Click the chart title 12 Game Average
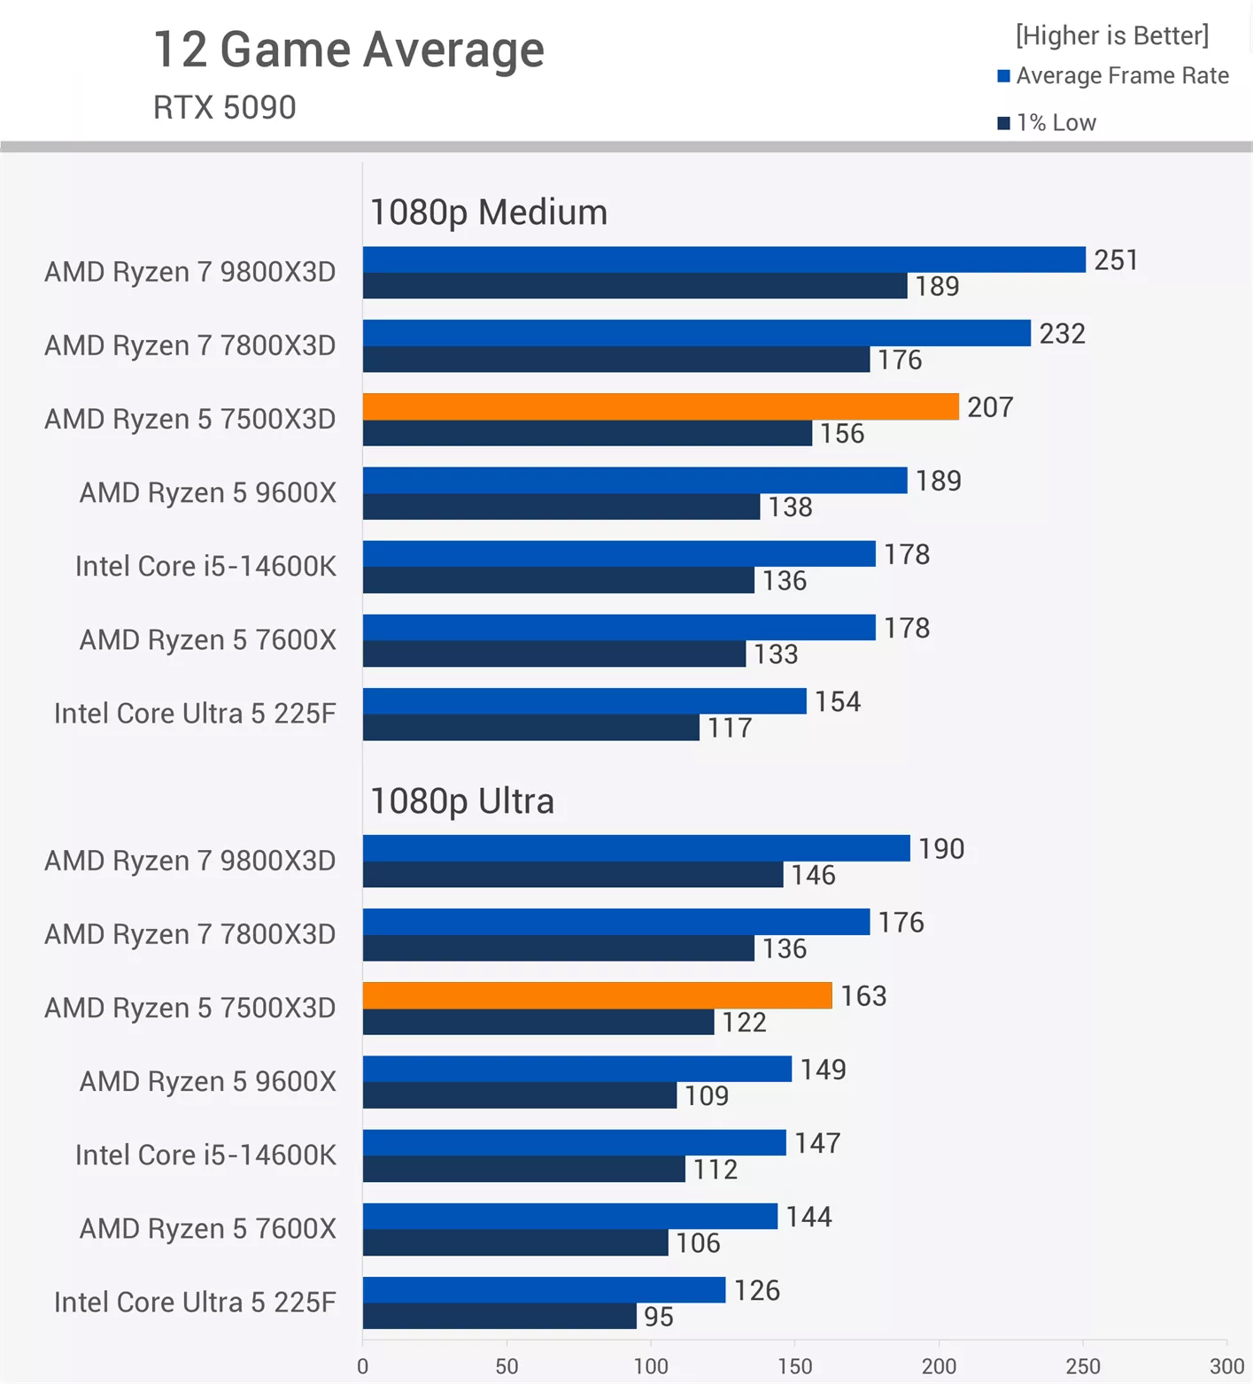click(348, 50)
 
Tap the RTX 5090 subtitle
click(224, 107)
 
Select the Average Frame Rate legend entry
click(1113, 76)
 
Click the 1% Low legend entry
click(1047, 122)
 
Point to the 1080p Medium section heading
click(488, 213)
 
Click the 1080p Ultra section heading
click(461, 801)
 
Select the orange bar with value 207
click(660, 406)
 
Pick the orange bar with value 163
click(597, 995)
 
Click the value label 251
click(1115, 260)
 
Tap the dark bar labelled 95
click(499, 1316)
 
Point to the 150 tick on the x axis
click(794, 1366)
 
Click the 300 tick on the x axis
click(1226, 1366)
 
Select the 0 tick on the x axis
click(362, 1366)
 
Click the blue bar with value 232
click(696, 333)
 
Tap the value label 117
click(729, 728)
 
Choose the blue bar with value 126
click(544, 1290)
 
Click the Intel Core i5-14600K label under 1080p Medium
click(205, 566)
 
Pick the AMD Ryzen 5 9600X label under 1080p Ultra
click(208, 1081)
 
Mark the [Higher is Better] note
click(1111, 35)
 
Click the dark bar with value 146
click(572, 875)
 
